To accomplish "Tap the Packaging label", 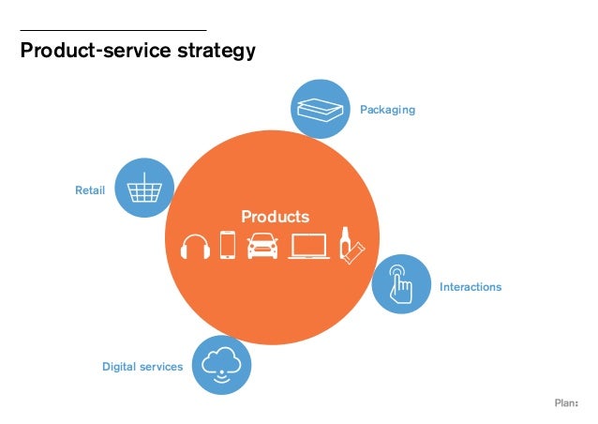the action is click(x=387, y=110).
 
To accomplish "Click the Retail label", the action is click(x=90, y=191).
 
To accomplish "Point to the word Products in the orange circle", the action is click(x=275, y=217).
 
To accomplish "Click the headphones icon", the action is click(x=195, y=246).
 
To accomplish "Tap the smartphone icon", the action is click(x=228, y=245).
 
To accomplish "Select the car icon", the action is click(x=262, y=246).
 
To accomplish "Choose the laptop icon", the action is click(x=308, y=246).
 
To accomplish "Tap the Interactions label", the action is click(x=471, y=287).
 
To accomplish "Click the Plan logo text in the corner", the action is click(x=566, y=403).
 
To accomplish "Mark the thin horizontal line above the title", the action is click(x=112, y=31).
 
